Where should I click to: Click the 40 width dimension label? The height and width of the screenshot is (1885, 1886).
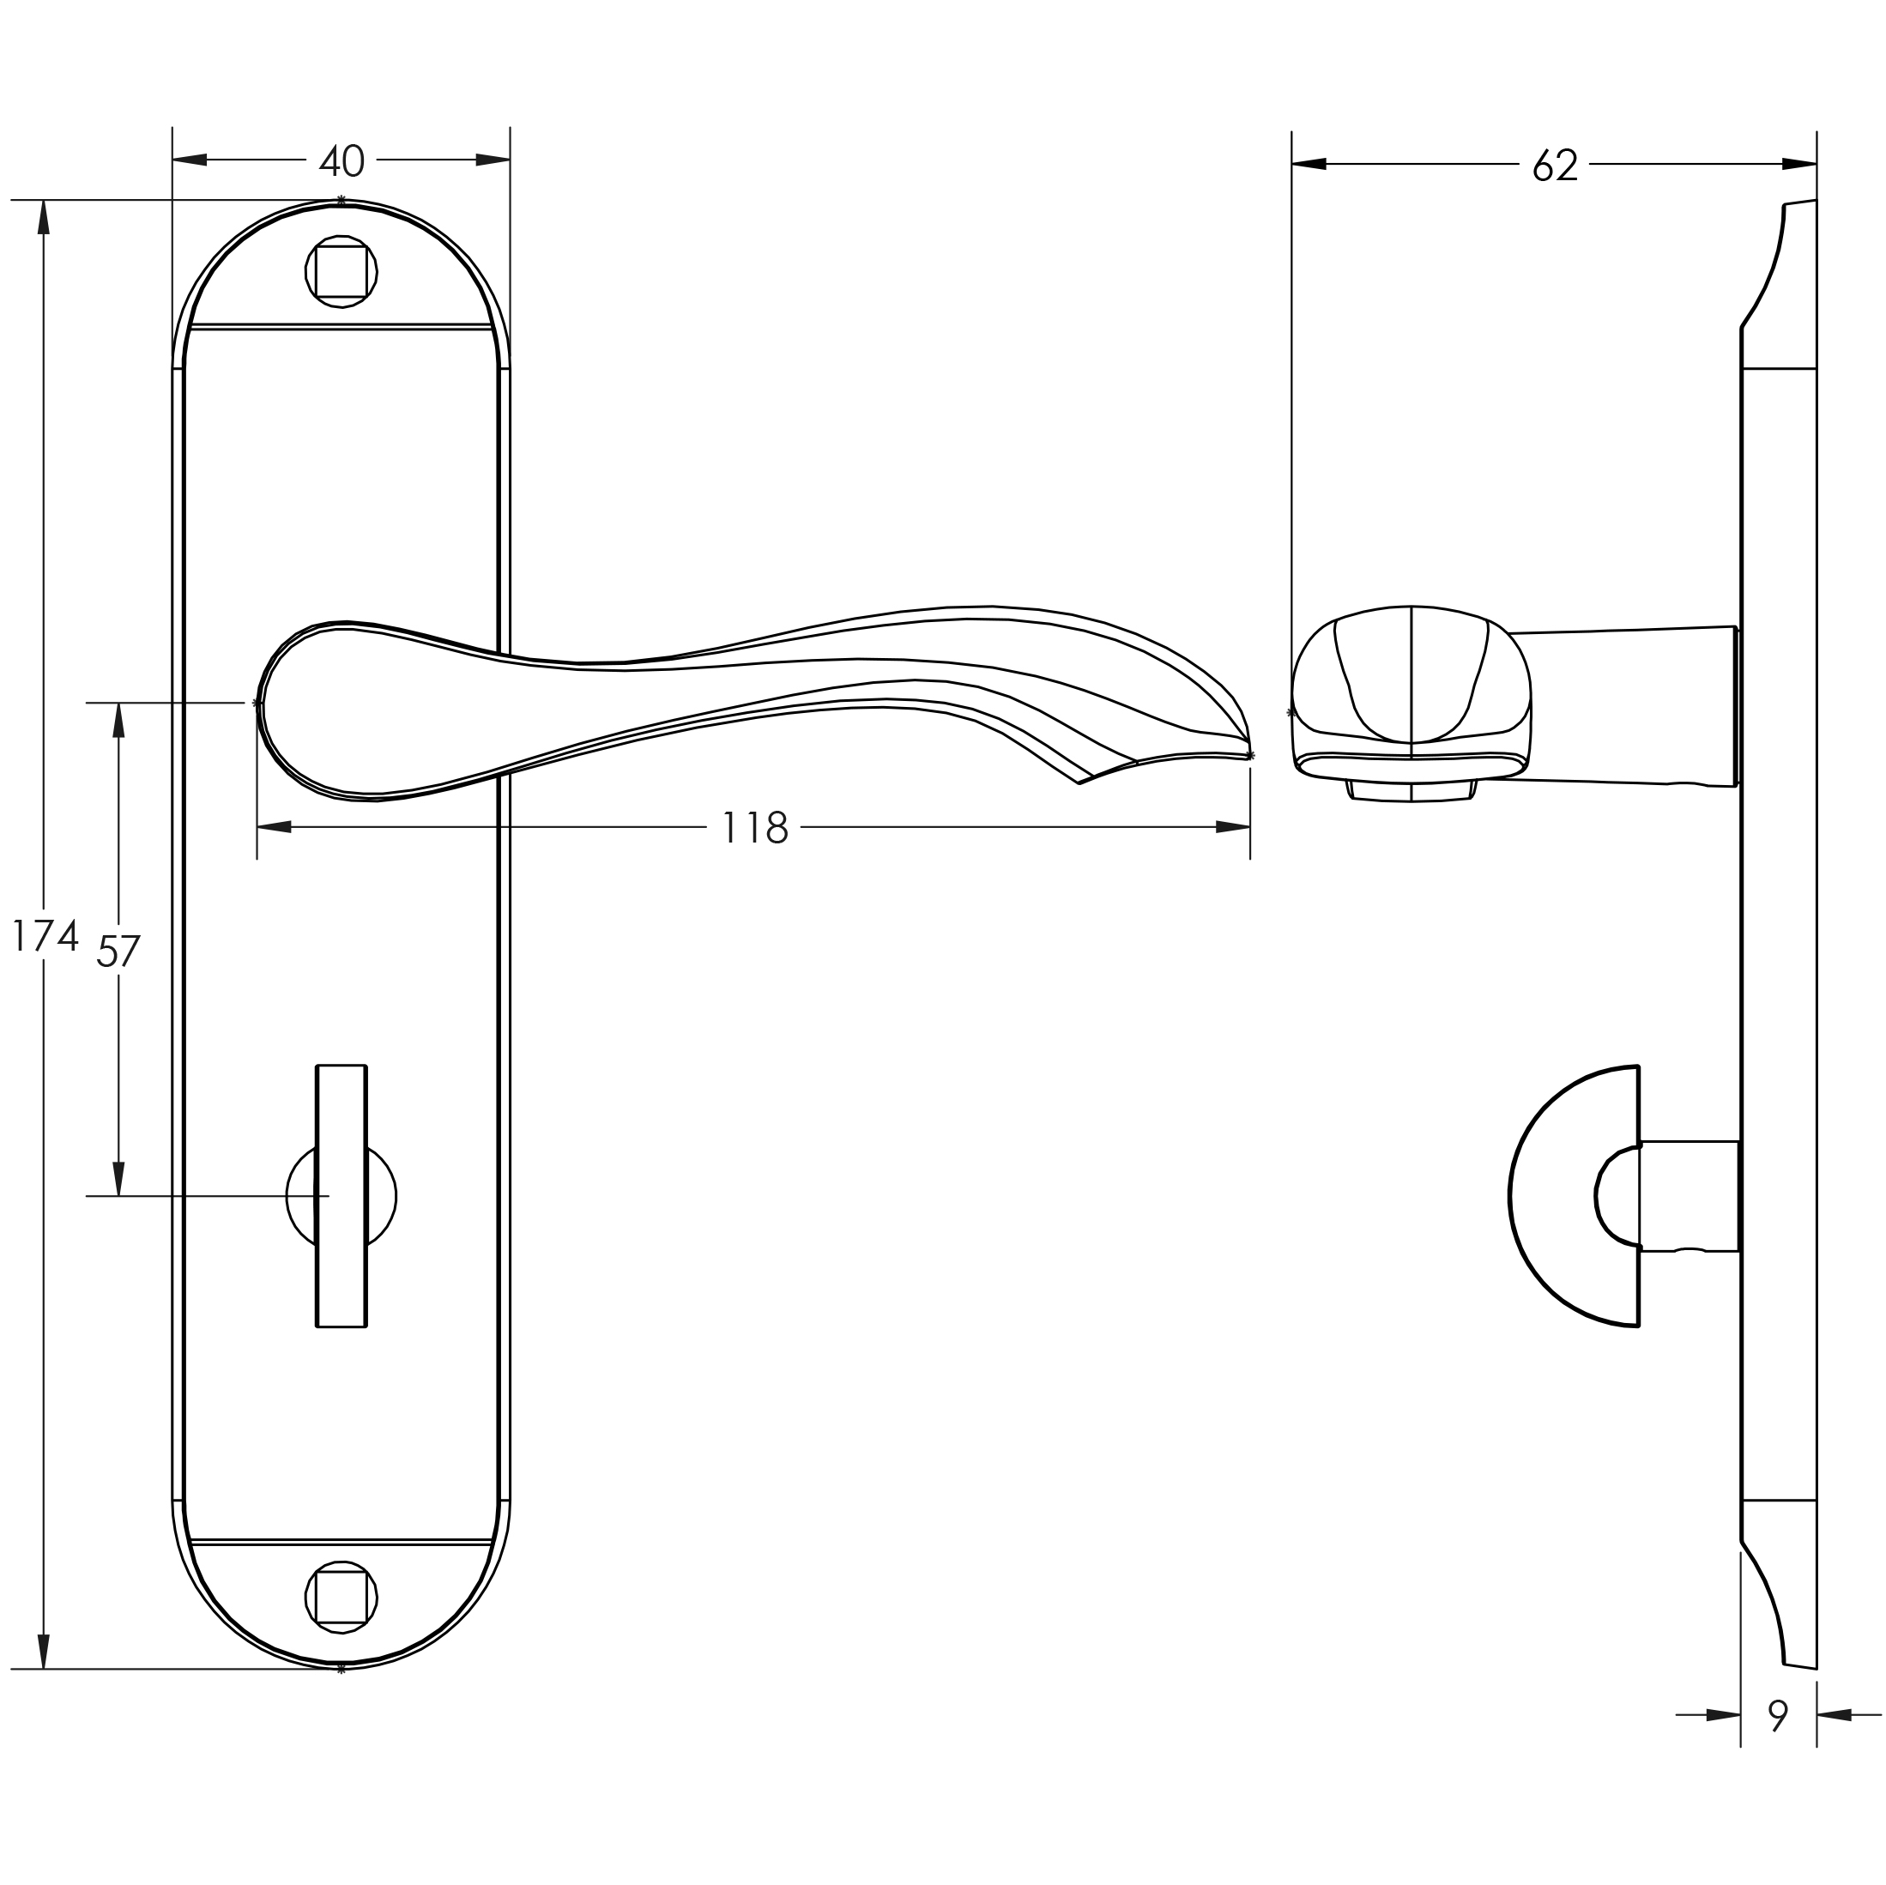342,161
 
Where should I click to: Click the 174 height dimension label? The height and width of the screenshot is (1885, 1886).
44,935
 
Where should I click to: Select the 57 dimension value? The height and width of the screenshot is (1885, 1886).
118,950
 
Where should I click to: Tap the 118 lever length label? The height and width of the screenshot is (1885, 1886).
753,828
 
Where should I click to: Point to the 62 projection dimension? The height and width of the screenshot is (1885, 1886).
1554,165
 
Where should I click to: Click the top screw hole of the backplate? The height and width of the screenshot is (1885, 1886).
342,271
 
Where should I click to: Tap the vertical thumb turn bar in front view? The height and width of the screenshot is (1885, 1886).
342,1196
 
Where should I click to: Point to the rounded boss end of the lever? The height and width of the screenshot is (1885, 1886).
312,710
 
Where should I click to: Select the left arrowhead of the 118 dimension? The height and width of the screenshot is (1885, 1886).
275,827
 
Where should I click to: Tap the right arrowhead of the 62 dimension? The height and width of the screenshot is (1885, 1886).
1799,164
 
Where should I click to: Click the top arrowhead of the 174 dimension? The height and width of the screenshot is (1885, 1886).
43,217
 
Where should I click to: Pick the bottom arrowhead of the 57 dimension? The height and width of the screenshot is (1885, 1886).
119,1178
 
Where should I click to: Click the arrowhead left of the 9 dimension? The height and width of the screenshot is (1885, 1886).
1723,1715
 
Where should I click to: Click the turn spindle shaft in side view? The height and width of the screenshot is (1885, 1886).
1689,1196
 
